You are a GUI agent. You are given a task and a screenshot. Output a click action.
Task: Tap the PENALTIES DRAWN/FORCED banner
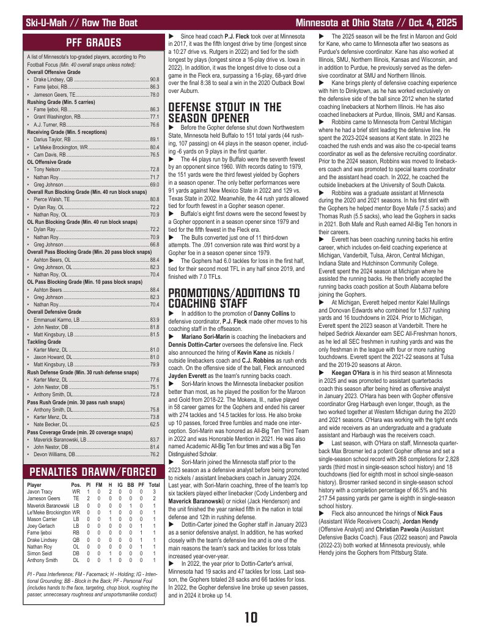pyautogui.click(x=94, y=472)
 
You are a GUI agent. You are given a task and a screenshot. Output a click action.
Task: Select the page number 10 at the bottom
pyautogui.click(x=250, y=616)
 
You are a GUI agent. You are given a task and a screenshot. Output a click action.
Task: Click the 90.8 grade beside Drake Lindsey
pyautogui.click(x=155, y=79)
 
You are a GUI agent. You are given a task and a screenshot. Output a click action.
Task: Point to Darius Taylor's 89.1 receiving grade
pyautogui.click(x=155, y=140)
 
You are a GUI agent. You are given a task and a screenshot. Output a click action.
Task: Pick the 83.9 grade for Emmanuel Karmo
pyautogui.click(x=155, y=319)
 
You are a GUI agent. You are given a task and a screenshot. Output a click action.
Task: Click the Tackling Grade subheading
pyautogui.click(x=42, y=342)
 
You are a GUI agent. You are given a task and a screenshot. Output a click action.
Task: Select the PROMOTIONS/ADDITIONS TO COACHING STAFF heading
pyautogui.click(x=234, y=298)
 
